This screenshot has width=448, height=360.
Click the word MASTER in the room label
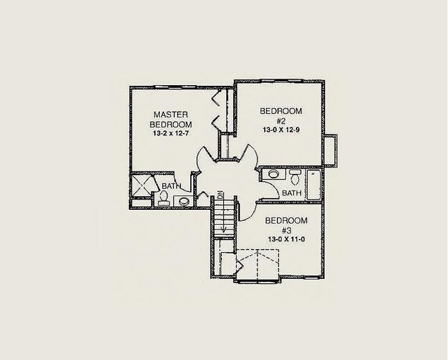click(171, 114)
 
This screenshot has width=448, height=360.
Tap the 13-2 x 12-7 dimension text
click(171, 134)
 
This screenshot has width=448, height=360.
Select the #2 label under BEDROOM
click(281, 121)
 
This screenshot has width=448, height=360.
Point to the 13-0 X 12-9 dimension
click(281, 130)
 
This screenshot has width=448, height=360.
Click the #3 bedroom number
click(286, 230)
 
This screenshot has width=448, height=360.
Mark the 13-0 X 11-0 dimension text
click(286, 239)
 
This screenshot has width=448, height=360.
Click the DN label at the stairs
click(221, 195)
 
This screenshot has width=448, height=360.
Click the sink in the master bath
click(183, 201)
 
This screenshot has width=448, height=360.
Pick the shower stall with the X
click(141, 185)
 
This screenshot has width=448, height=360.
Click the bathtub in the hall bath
click(314, 185)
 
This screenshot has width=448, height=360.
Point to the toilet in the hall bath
click(295, 177)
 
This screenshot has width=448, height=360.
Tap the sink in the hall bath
click(274, 174)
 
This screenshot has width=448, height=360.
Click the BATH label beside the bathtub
click(292, 193)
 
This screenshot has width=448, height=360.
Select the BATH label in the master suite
click(171, 186)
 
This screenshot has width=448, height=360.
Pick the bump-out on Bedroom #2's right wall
click(331, 151)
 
